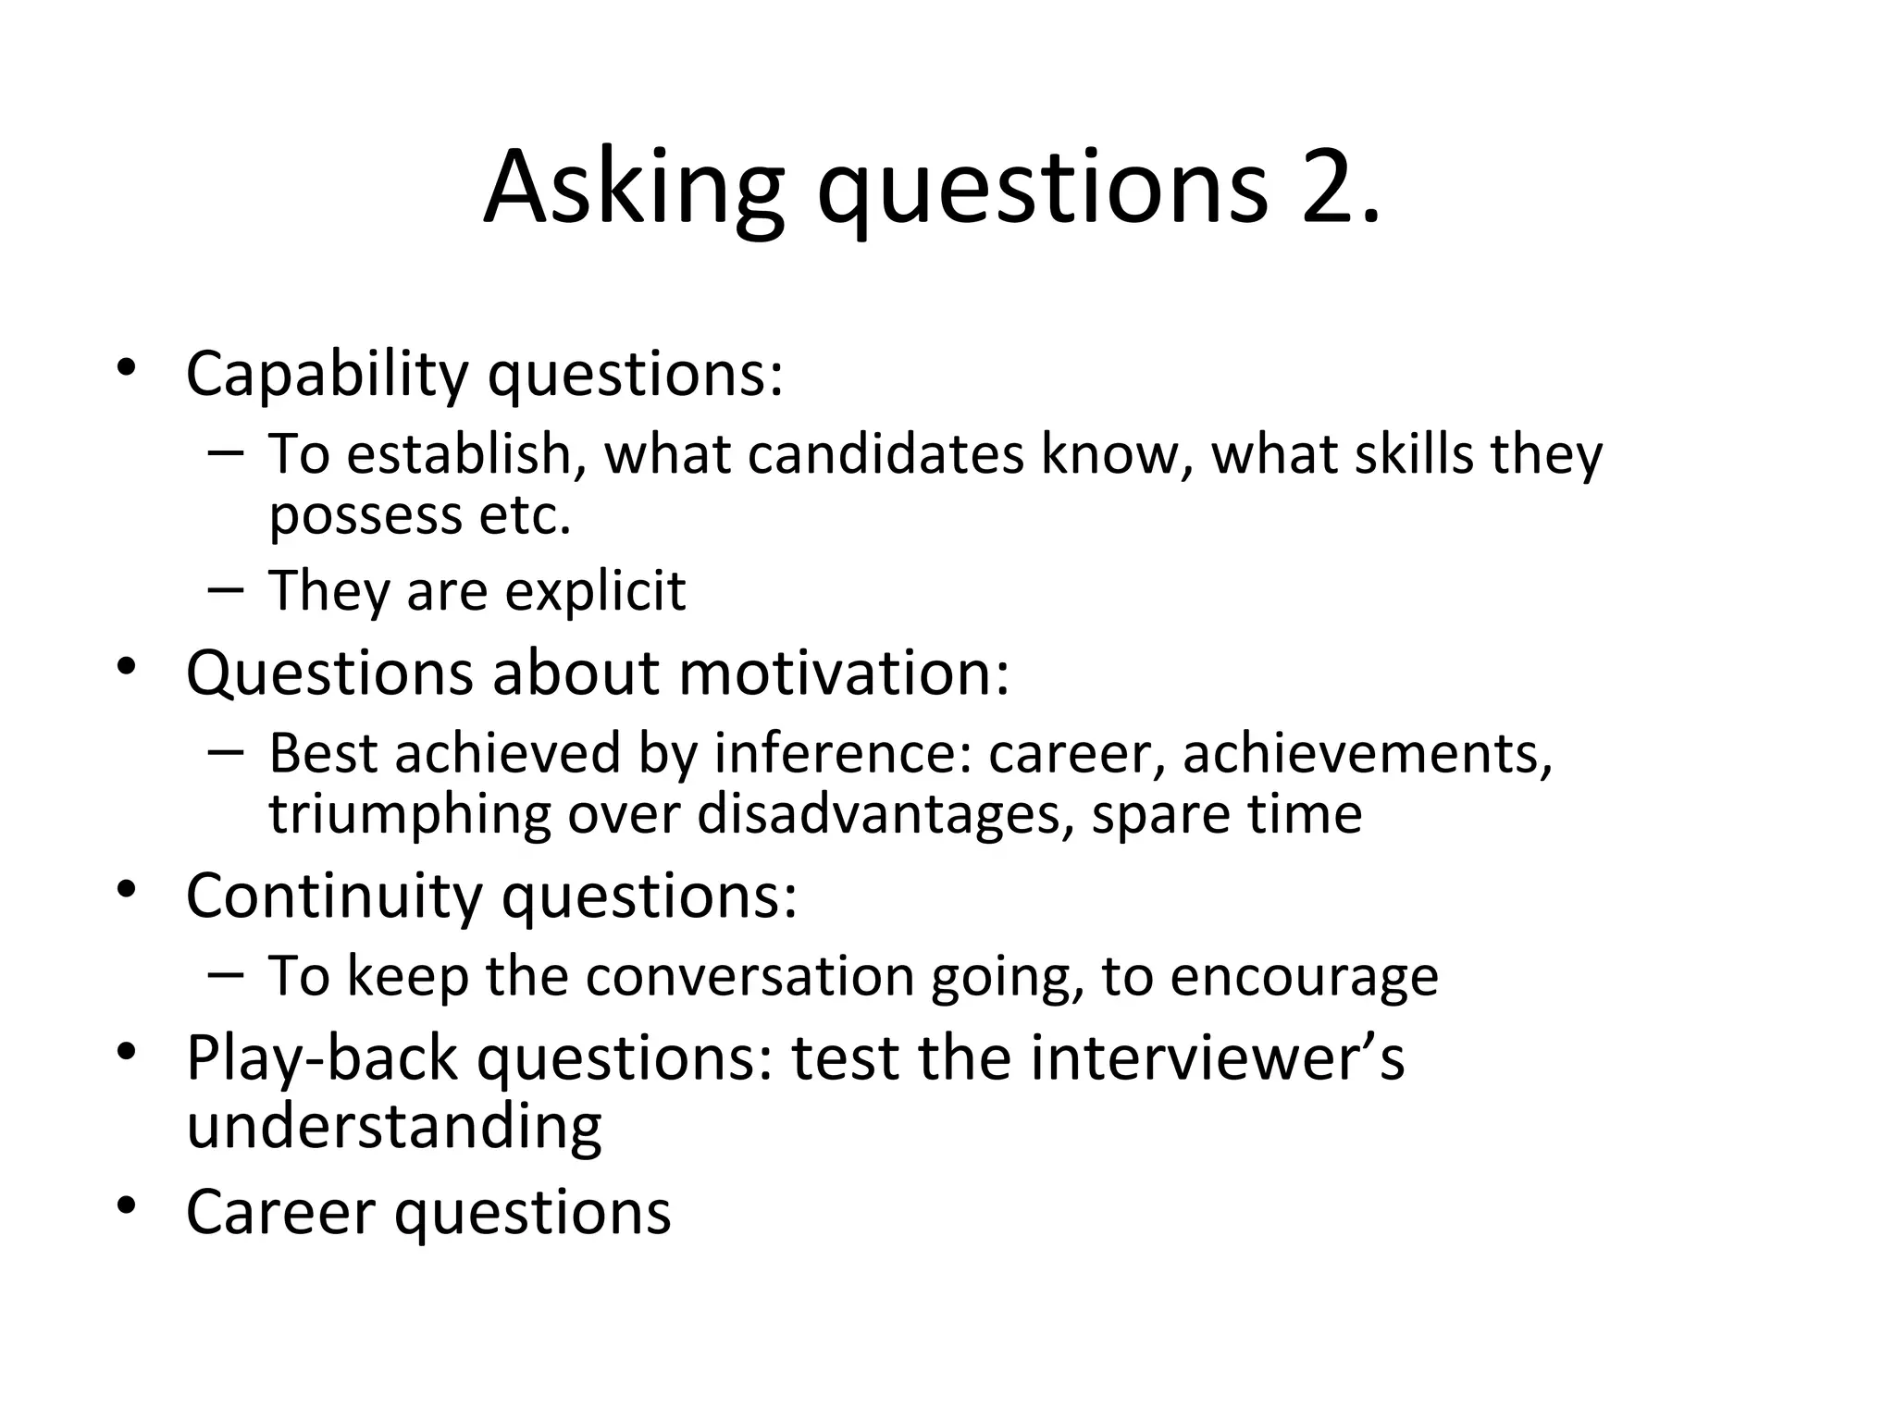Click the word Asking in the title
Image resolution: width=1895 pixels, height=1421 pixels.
click(x=634, y=190)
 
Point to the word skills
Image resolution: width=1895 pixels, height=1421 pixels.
click(x=1414, y=454)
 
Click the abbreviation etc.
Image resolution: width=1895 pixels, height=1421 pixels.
click(x=525, y=514)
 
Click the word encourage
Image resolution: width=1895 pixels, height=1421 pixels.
click(x=1304, y=977)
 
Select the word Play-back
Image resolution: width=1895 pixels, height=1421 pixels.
click(x=322, y=1058)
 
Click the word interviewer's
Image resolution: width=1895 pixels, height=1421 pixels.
click(x=1217, y=1058)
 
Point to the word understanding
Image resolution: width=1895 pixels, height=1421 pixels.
click(x=394, y=1126)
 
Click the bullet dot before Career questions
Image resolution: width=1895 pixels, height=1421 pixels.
click(x=127, y=1205)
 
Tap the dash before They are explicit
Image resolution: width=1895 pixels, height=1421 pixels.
click(x=226, y=588)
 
